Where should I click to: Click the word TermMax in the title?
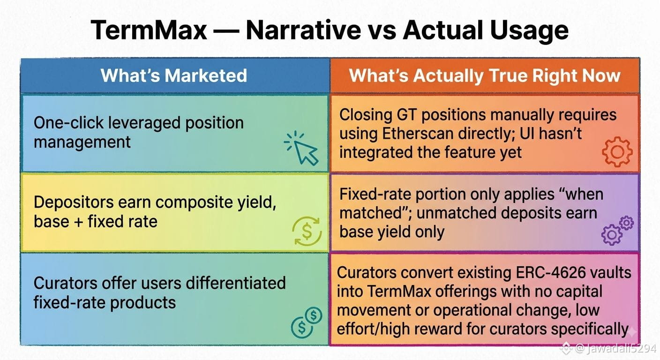pos(149,30)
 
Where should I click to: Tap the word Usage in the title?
pos(530,31)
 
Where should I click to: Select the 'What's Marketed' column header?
pos(174,75)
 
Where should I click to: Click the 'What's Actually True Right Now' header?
pos(485,76)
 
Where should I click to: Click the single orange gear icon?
pos(617,152)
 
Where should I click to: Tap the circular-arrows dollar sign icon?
pos(307,231)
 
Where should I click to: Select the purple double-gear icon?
pos(617,230)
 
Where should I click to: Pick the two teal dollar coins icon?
pos(307,322)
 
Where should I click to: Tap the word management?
pos(82,142)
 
